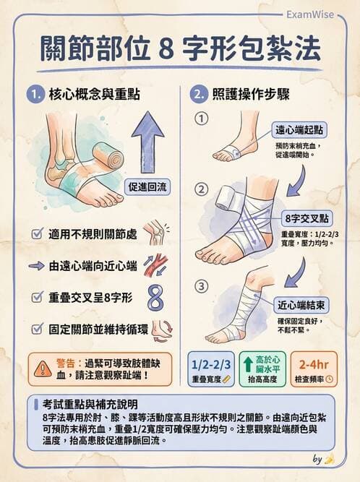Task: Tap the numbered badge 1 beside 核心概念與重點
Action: point(35,94)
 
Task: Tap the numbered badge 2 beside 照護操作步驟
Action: point(197,94)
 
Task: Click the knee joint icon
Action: point(154,233)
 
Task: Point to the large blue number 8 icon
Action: point(155,297)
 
